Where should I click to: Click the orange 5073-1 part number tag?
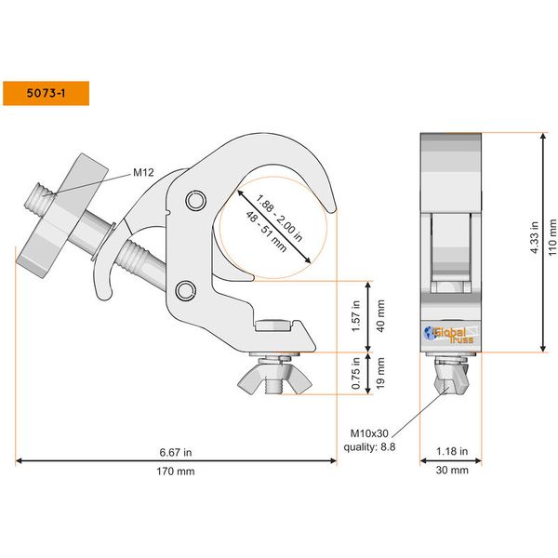tap(46, 93)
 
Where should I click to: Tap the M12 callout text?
tap(143, 172)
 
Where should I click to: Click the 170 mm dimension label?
tap(176, 472)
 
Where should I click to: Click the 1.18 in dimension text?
tap(453, 452)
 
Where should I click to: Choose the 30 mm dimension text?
tap(453, 472)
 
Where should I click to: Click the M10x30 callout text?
tap(369, 432)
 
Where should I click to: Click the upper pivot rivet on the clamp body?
tap(194, 200)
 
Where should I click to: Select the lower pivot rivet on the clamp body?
tap(185, 288)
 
